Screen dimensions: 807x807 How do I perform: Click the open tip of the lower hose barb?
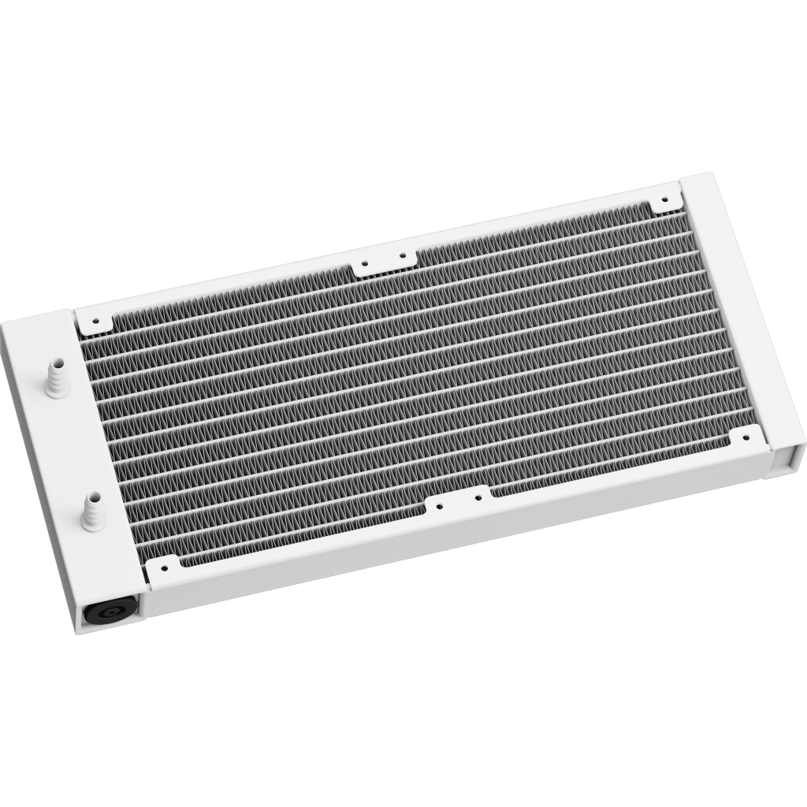[92, 498]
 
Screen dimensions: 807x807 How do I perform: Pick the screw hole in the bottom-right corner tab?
[745, 437]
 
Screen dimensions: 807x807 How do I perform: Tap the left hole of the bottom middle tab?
[439, 507]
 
